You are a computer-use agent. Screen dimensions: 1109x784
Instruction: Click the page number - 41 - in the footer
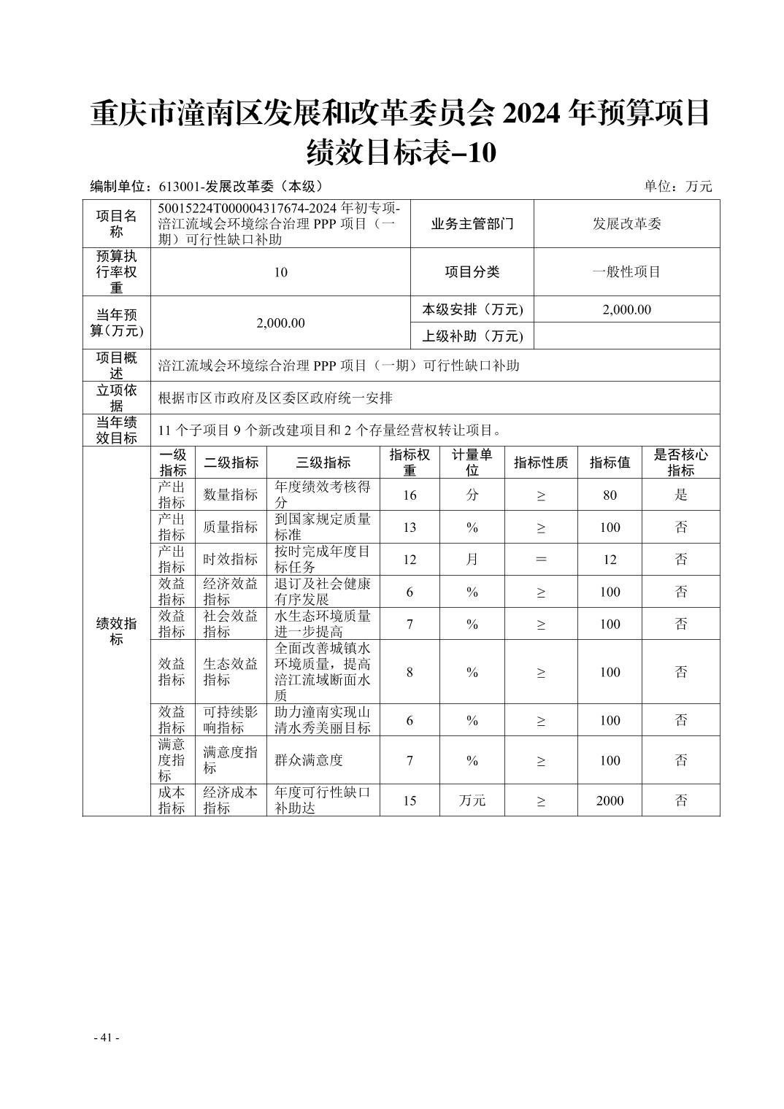coord(107,1037)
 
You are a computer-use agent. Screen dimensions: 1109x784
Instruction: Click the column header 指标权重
coord(410,462)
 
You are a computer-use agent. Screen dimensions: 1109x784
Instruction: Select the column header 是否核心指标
coord(680,462)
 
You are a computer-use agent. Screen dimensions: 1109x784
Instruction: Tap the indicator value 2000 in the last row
coord(610,800)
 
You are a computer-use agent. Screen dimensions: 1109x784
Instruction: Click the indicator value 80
coord(610,495)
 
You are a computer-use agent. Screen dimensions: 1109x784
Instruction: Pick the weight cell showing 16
coord(410,495)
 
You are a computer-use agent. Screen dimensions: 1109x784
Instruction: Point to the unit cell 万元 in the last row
coord(472,800)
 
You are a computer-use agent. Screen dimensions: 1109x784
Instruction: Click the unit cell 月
coord(472,559)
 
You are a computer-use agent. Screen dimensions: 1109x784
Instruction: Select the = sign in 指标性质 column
coord(541,559)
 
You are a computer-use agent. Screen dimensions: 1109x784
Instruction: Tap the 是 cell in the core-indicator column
coord(680,495)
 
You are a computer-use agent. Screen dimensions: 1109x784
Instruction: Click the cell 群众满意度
coord(309,760)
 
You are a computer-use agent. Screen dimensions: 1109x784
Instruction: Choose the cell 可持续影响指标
coord(231,719)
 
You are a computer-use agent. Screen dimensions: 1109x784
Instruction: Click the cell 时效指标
coord(231,559)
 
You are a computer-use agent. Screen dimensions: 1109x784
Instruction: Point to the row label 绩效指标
coord(117,631)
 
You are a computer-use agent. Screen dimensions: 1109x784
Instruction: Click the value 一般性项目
coord(626,271)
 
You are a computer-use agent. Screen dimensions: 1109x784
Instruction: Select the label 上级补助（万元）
coord(472,336)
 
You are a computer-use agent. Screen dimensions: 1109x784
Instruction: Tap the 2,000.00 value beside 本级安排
coord(626,309)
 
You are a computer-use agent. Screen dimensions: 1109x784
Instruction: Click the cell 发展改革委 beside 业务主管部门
coord(626,223)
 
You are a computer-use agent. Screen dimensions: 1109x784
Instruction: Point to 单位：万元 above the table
coord(677,186)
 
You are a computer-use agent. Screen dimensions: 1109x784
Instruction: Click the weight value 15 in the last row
coord(410,800)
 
